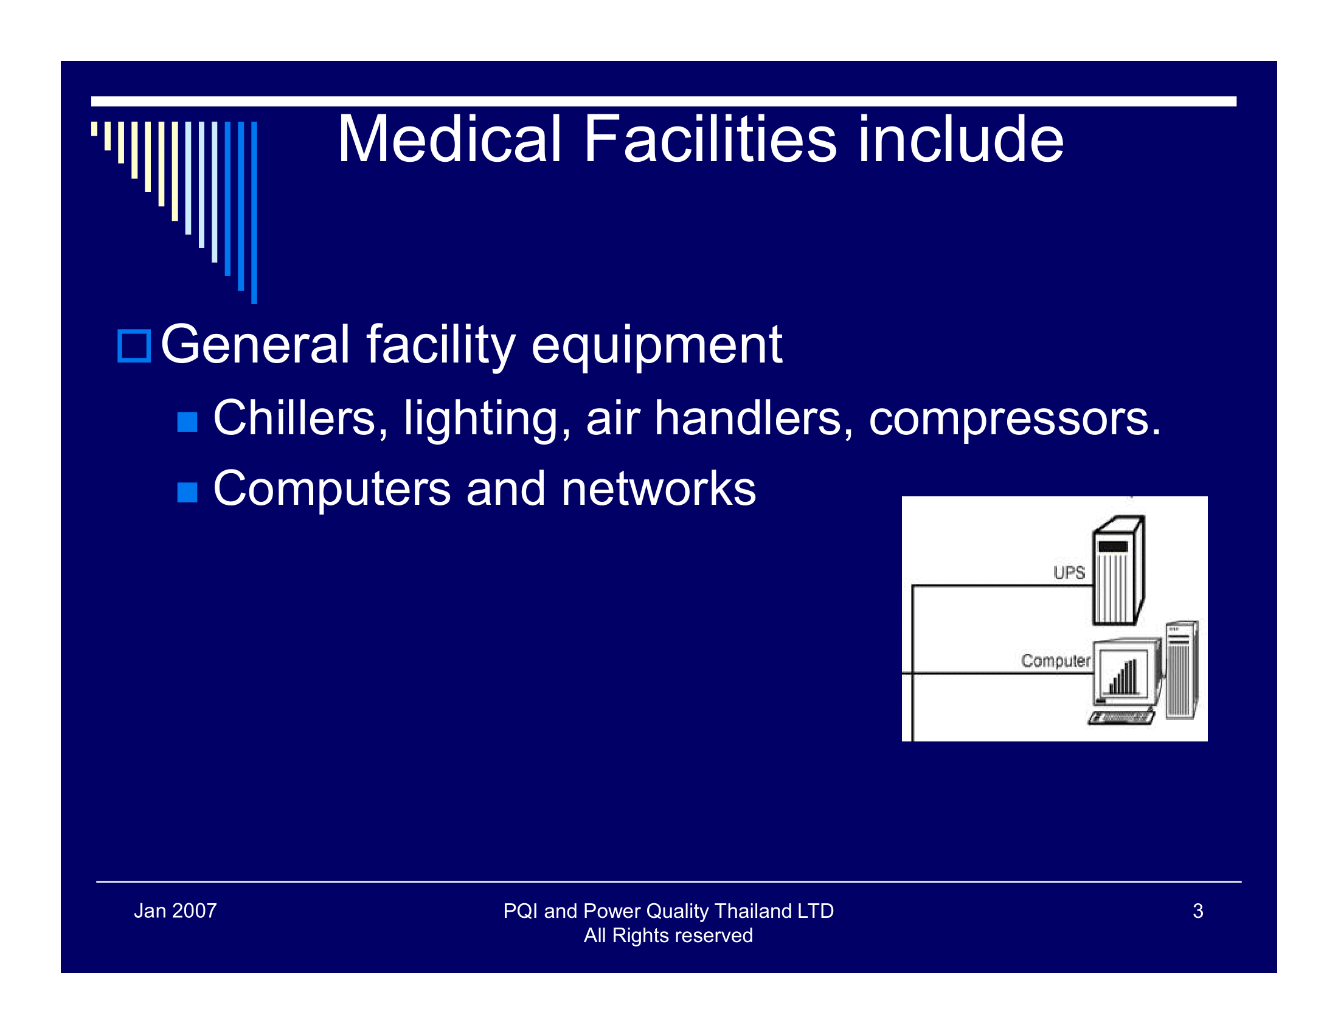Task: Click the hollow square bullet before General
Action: click(x=134, y=346)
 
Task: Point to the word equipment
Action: click(x=656, y=346)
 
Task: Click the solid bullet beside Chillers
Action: click(x=187, y=422)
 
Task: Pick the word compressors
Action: click(x=1014, y=419)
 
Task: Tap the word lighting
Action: click(x=487, y=419)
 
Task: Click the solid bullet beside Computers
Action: click(x=187, y=492)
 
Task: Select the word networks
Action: click(x=658, y=490)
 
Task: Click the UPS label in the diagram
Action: click(x=1069, y=573)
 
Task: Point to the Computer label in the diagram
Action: click(x=1055, y=661)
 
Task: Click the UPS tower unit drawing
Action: click(x=1117, y=573)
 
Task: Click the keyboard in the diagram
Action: click(x=1121, y=717)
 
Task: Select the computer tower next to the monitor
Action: click(x=1180, y=671)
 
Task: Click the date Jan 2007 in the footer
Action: click(x=175, y=911)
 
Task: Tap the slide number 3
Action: click(x=1198, y=911)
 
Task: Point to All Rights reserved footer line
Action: click(x=668, y=935)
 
